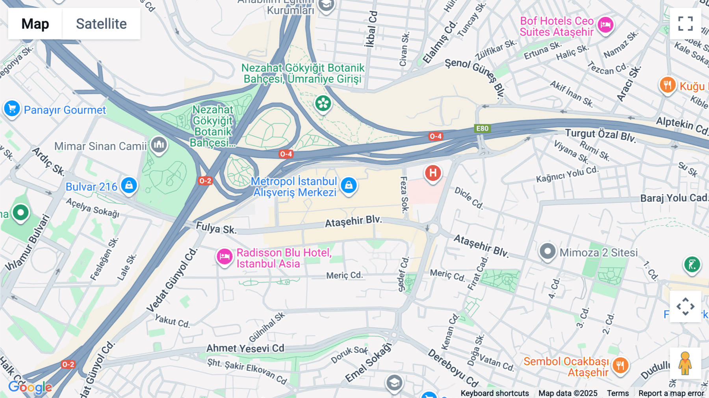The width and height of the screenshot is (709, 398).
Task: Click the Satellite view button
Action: click(101, 24)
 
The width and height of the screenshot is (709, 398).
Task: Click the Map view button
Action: click(35, 24)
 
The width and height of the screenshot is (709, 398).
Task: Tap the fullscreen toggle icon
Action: click(685, 24)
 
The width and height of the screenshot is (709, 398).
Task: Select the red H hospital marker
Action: click(433, 173)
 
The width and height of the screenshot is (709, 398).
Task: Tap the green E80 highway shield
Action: click(482, 128)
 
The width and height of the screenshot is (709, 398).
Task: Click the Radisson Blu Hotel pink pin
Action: click(225, 257)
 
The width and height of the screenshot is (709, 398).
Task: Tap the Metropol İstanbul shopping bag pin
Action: click(349, 185)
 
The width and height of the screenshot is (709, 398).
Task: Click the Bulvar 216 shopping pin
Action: click(129, 185)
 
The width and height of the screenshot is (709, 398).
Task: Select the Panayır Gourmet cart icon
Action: click(12, 109)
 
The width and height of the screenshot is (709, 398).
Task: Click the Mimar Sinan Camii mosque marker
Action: click(159, 145)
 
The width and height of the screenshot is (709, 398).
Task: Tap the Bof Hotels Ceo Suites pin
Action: click(605, 25)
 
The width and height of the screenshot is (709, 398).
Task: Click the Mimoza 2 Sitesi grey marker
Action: click(547, 251)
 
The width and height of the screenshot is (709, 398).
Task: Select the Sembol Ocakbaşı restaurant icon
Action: click(620, 365)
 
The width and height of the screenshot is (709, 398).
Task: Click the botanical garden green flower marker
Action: click(323, 104)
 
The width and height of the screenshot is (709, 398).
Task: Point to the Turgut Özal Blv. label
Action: click(600, 135)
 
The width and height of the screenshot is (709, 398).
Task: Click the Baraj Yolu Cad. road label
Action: click(674, 198)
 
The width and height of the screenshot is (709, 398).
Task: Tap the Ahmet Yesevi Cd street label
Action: click(245, 348)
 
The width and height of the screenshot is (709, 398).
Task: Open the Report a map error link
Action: click(671, 393)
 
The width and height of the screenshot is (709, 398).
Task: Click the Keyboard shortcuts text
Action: click(494, 393)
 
